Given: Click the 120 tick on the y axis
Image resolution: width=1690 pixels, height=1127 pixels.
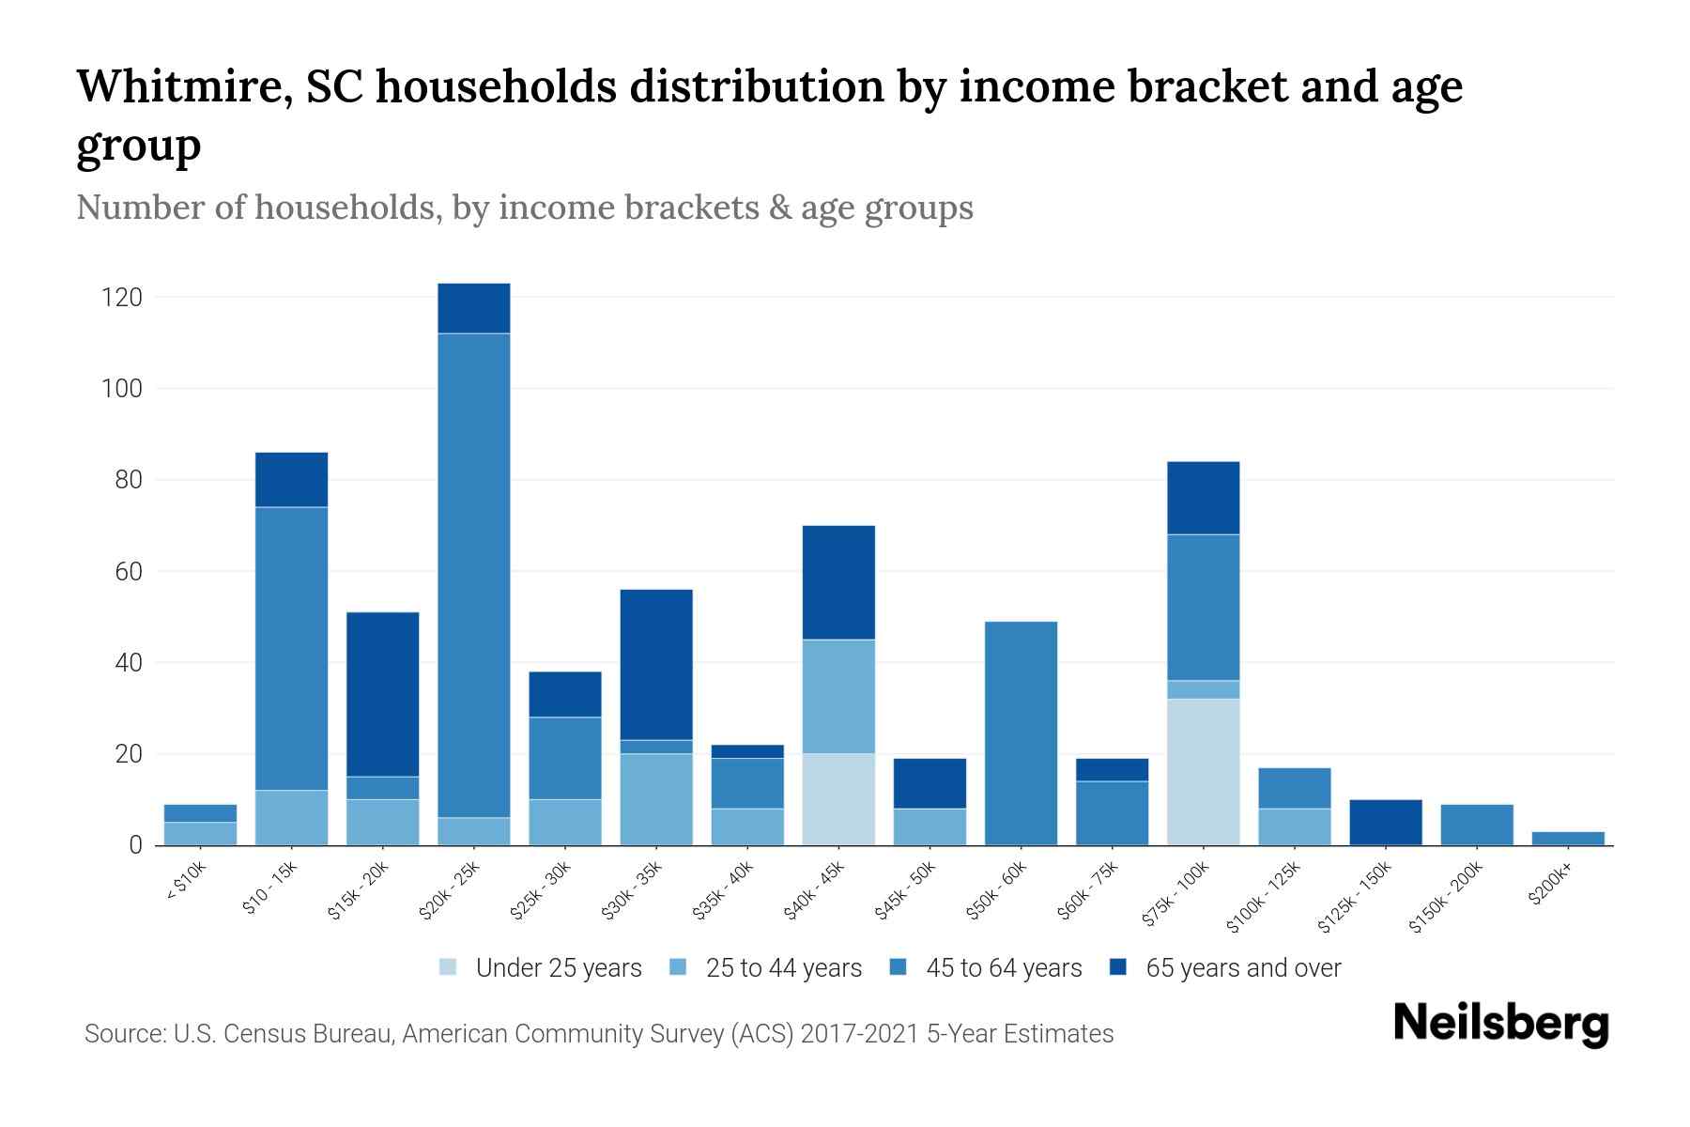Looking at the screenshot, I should (121, 298).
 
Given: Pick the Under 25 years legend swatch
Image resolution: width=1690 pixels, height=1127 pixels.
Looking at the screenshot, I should (449, 967).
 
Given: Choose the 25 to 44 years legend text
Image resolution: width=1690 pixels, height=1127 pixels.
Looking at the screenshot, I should (783, 967).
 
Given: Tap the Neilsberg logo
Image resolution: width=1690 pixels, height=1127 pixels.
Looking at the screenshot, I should (1500, 1024).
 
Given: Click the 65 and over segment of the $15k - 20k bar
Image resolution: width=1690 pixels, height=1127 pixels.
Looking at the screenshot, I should (383, 694).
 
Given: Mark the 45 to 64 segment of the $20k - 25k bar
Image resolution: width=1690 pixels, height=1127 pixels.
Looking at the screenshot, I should (474, 575).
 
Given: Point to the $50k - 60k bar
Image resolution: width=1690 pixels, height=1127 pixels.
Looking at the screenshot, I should (1021, 733).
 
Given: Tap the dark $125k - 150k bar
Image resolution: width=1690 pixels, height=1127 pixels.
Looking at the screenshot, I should (1386, 822).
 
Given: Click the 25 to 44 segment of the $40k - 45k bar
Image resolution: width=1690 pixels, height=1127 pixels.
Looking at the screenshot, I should (838, 696).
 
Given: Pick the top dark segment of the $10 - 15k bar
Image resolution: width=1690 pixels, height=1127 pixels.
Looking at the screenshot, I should (292, 480).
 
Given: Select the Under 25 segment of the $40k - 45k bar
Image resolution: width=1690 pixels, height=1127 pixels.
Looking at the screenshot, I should (838, 798).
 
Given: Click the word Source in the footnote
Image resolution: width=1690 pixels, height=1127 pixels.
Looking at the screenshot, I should (122, 1034).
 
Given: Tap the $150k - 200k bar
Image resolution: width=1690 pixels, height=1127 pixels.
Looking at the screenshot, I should (1477, 825).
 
